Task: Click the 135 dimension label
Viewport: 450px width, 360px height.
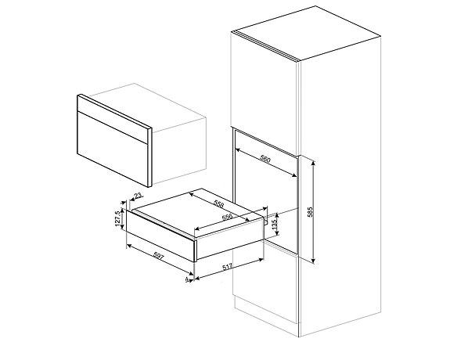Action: (x=275, y=225)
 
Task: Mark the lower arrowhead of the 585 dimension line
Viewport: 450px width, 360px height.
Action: (x=314, y=261)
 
